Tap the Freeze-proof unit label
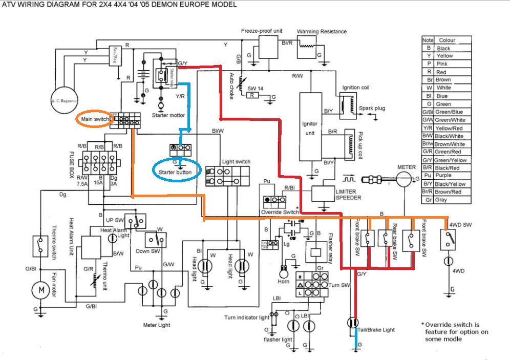pos(262,31)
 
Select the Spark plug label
pos(372,109)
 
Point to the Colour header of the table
pos(446,40)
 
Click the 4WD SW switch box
pos(449,239)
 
